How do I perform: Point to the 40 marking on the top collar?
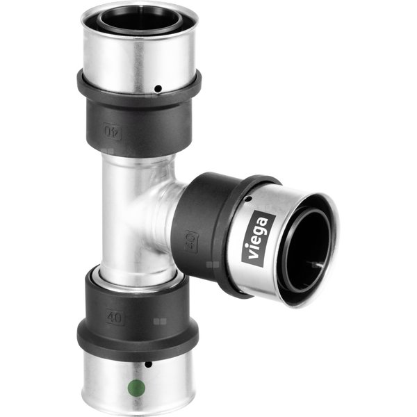point(111,131)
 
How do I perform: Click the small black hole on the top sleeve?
point(158,88)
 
